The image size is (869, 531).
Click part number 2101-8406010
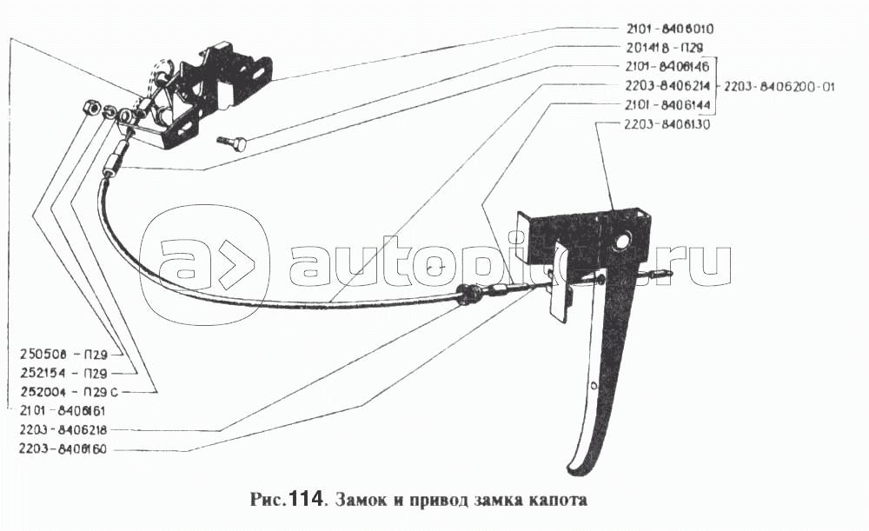[669, 29]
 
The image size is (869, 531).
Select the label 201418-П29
[663, 48]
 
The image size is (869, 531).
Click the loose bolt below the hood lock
[232, 140]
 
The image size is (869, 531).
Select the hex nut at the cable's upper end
[89, 108]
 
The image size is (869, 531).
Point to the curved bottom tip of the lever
[577, 463]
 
